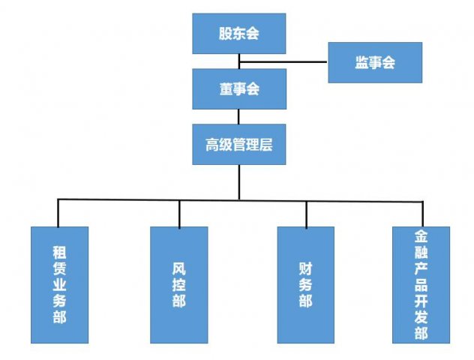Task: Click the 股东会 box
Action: [238, 34]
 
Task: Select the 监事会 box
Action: [374, 62]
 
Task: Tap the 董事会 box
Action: [238, 88]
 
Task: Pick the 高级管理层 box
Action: [238, 144]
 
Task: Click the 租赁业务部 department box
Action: [59, 284]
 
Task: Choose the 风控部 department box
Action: [178, 284]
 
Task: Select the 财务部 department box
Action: [305, 284]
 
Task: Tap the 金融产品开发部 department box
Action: [421, 284]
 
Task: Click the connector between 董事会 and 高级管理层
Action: [238, 116]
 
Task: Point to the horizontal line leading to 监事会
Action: [285, 61]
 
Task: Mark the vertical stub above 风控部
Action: [179, 213]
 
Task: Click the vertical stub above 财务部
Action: [305, 213]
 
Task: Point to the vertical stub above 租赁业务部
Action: [59, 213]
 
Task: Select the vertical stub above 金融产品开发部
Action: [420, 213]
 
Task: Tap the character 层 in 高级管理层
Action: [264, 144]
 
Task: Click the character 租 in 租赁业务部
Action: [59, 250]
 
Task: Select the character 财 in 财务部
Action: [305, 266]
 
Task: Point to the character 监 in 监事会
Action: [361, 62]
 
